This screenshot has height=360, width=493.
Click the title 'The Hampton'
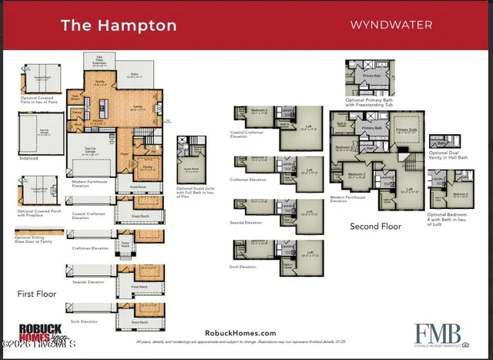118,25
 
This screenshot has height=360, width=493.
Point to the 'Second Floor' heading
376,226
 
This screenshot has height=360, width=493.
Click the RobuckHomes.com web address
240,332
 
